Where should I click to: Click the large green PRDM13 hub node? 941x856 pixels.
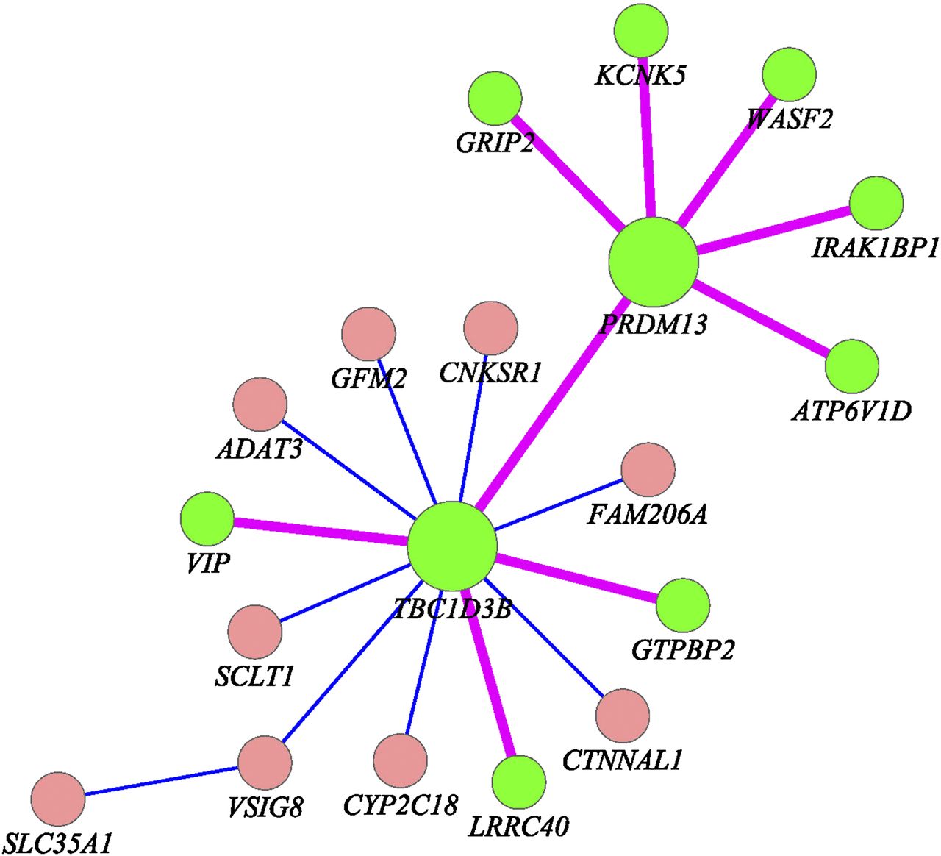click(653, 262)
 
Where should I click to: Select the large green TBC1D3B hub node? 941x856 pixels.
click(452, 546)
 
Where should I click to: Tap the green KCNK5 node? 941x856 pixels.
click(641, 30)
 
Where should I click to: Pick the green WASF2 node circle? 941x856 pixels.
click(790, 74)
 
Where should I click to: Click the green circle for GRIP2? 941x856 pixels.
click(495, 98)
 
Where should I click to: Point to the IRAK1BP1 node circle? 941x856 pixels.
click(876, 203)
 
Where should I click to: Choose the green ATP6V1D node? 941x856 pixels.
click(852, 365)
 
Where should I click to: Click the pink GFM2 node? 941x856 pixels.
click(368, 335)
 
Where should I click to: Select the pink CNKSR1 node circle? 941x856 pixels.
click(491, 328)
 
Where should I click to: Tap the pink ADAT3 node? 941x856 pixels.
click(260, 404)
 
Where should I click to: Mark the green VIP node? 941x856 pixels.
click(207, 519)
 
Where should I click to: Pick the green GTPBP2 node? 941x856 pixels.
click(683, 605)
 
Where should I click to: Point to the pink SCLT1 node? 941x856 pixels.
click(255, 632)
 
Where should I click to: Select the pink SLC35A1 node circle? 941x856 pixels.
click(58, 799)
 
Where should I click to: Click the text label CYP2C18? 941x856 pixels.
click(401, 805)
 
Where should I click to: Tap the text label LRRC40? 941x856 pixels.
click(518, 827)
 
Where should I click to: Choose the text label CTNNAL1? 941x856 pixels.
click(622, 760)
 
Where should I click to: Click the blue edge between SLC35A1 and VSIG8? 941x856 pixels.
click(162, 782)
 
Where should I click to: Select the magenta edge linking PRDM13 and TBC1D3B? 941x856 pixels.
click(552, 404)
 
